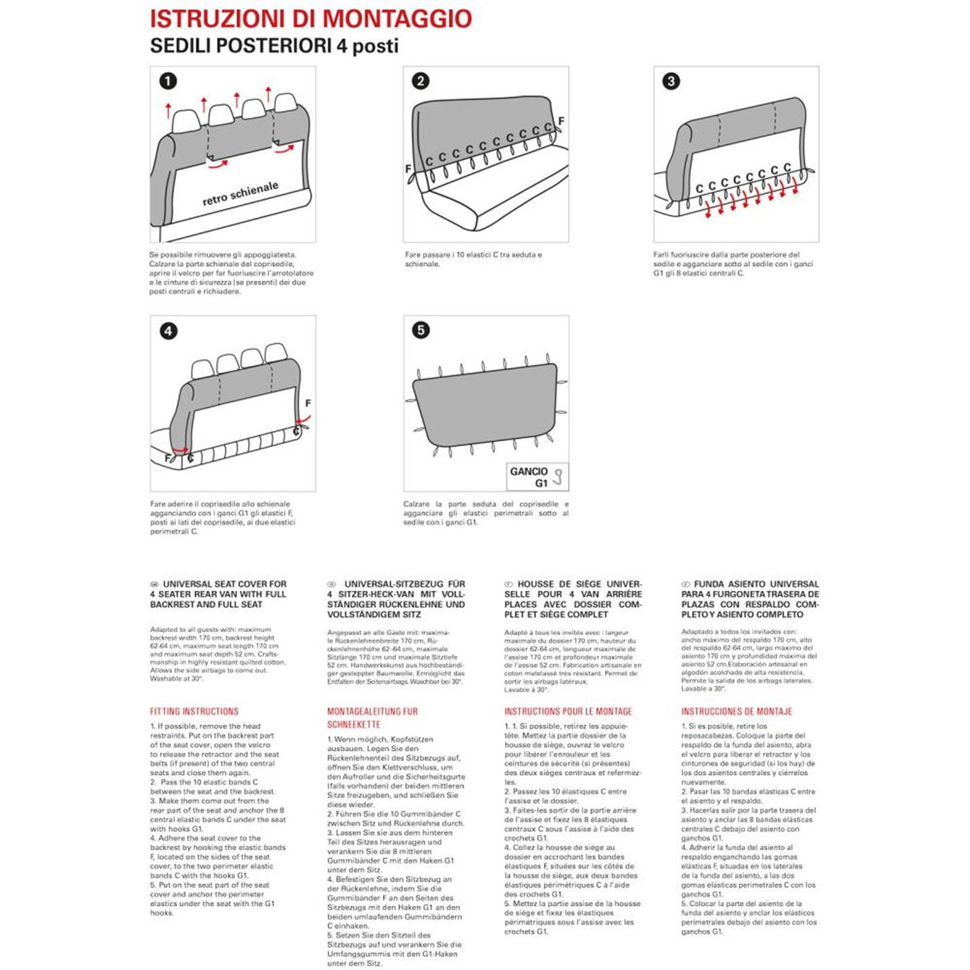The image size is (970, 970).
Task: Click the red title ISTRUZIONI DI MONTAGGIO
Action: point(311,19)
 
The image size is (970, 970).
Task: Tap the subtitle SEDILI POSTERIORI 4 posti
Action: point(274,46)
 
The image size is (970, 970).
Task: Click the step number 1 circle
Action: point(168,81)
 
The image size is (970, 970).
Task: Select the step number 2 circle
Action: point(421,81)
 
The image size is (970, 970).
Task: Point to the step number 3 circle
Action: point(671,81)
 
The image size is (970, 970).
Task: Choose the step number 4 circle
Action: point(168,331)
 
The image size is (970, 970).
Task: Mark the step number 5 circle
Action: point(421,330)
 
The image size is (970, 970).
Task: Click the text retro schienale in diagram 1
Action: point(240,193)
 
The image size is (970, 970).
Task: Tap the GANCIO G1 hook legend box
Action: point(538,477)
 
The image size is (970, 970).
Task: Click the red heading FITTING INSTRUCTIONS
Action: point(194,712)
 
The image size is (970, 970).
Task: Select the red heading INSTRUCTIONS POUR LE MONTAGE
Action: point(568,712)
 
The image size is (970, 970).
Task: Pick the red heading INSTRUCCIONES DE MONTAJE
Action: point(737,712)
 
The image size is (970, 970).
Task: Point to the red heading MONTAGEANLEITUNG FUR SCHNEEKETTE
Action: point(372,718)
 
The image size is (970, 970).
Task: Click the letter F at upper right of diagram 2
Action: point(561,121)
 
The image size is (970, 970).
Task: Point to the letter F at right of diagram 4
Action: point(308,403)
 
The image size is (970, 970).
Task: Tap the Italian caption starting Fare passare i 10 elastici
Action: point(473,259)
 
